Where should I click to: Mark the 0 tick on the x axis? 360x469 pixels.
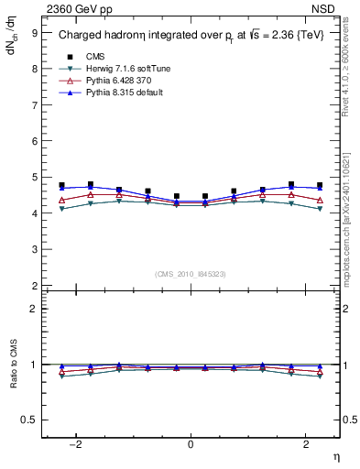coord(191,444)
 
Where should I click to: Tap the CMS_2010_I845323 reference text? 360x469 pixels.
coord(191,274)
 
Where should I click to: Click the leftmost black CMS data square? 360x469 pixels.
coord(61,185)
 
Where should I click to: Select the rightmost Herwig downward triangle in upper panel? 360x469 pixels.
coord(320,209)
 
